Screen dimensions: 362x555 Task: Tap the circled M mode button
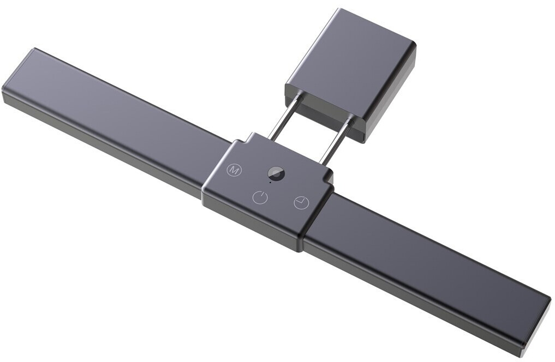click(x=234, y=170)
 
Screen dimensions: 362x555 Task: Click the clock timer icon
click(x=301, y=203)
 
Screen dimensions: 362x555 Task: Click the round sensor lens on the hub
click(x=276, y=174)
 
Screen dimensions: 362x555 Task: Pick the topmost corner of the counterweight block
click(x=339, y=10)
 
